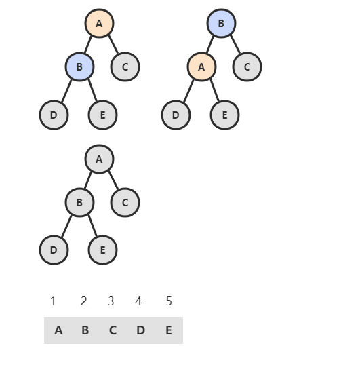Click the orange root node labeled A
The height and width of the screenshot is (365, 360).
pos(99,23)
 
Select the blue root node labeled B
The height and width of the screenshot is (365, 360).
pos(222,23)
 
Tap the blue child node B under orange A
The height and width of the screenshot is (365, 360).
pos(79,66)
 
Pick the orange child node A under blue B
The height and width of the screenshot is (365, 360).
pos(201,66)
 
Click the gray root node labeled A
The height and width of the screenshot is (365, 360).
pos(99,159)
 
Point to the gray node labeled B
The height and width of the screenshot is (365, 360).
pos(79,203)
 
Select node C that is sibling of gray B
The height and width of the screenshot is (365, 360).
pos(125,203)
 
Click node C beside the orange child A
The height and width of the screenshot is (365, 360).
pos(247,66)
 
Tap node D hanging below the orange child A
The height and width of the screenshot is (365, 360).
pos(176,115)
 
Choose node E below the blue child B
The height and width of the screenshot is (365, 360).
pos(102,115)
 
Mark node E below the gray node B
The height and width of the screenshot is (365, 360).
pos(102,250)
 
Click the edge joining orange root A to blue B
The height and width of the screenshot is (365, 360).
pos(88,45)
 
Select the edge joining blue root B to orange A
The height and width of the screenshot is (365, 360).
pos(210,45)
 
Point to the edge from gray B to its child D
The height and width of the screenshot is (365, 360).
pos(66,227)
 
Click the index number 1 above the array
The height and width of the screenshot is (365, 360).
pos(53,301)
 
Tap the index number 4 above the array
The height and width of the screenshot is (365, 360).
pos(138,301)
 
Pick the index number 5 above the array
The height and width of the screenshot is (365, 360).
pos(169,301)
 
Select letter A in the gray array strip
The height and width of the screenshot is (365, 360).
pos(58,330)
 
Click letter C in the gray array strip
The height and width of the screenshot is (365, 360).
pos(113,330)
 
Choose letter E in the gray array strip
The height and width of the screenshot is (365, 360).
pos(169,330)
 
